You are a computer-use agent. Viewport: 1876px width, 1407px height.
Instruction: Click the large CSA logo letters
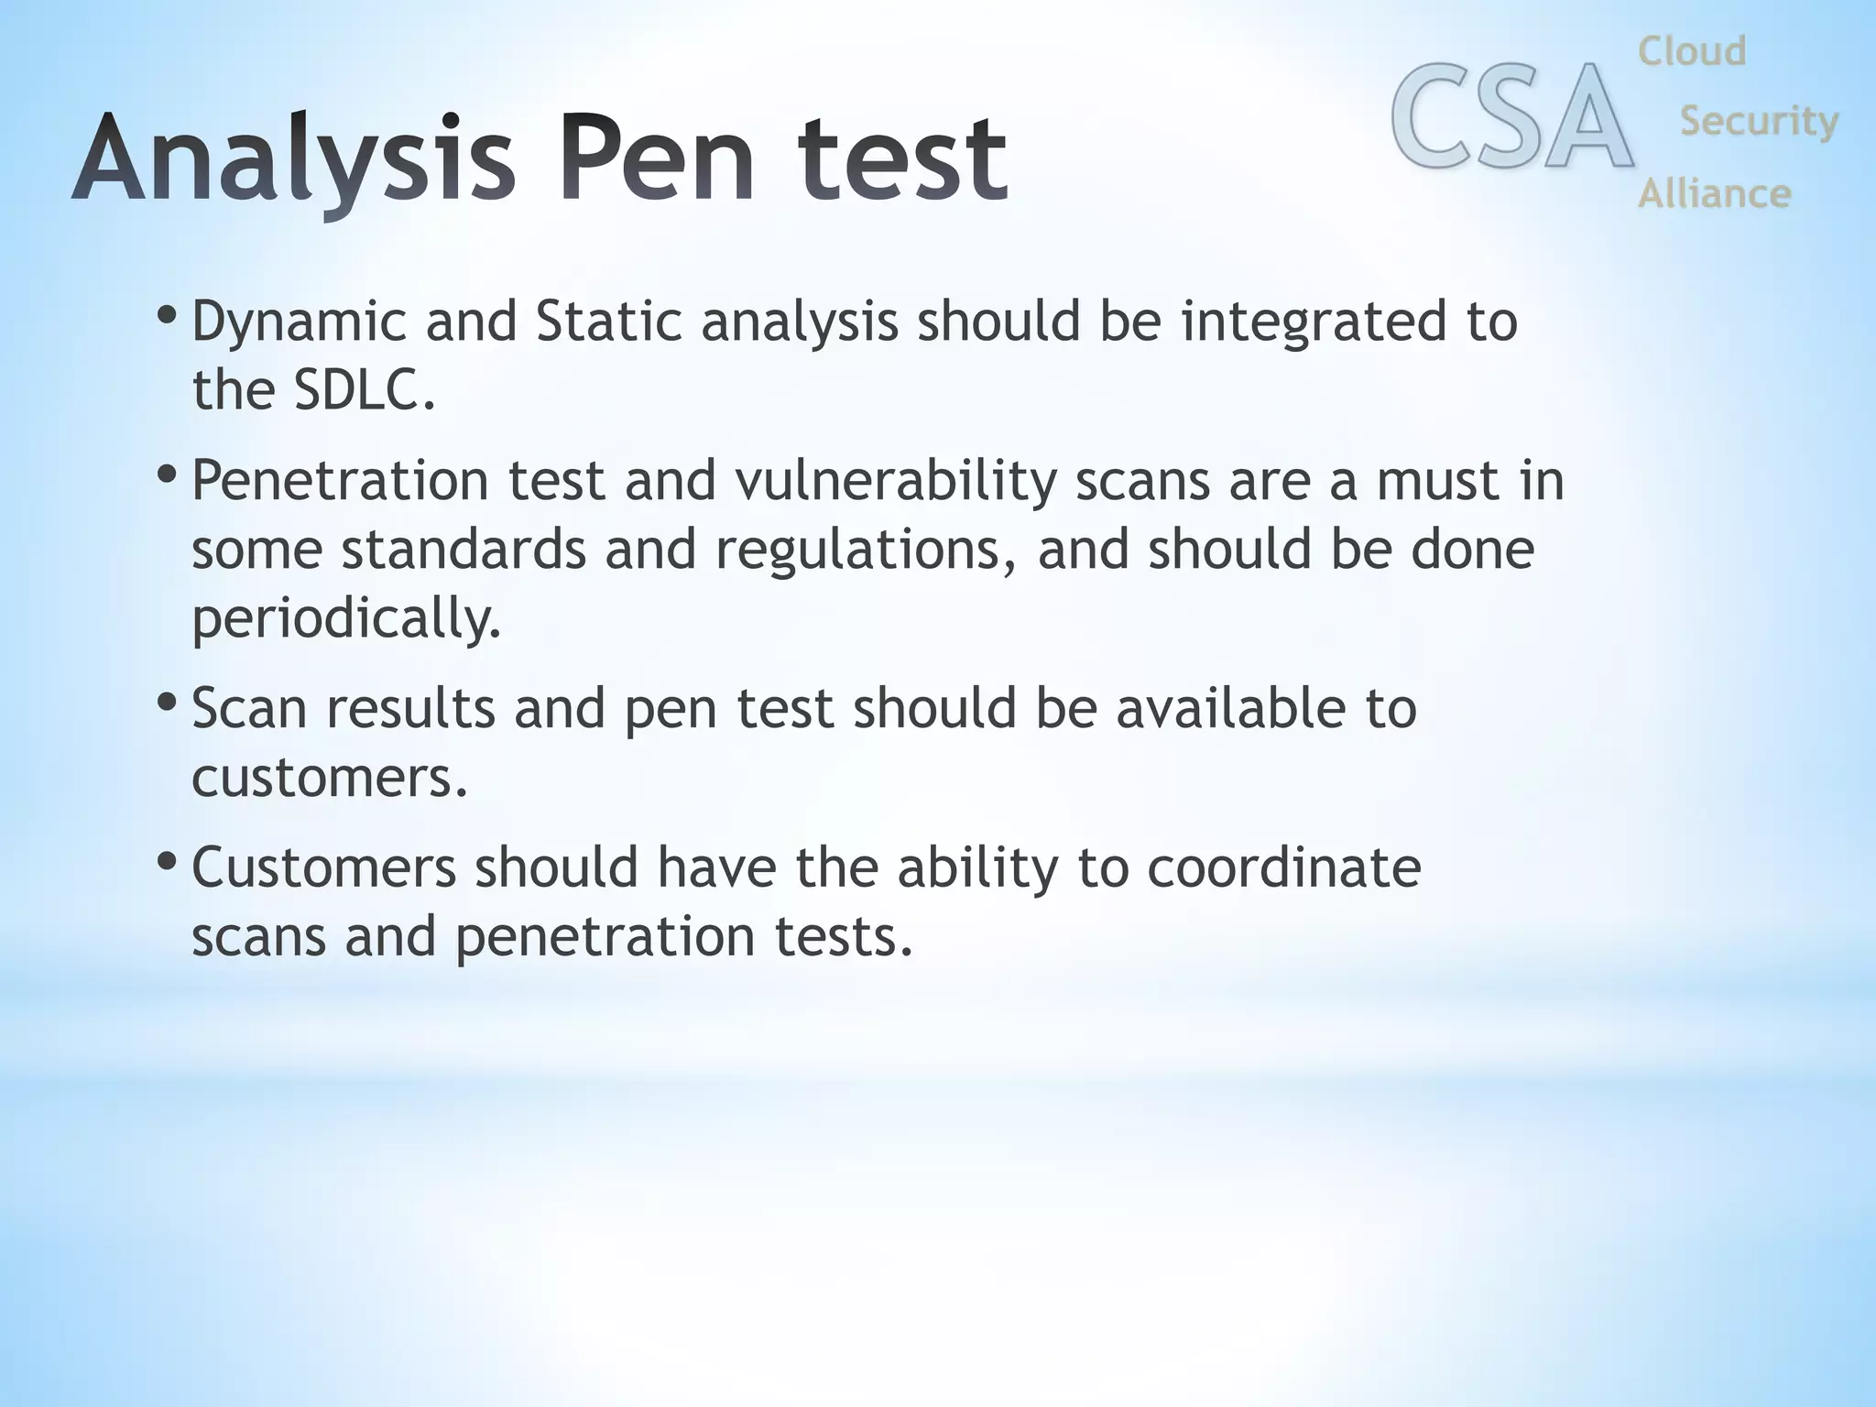1511,117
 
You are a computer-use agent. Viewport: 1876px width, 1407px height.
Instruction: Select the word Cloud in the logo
1692,51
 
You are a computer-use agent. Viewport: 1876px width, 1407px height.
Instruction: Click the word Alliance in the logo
1714,193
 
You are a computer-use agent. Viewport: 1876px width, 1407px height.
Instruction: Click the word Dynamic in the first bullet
299,322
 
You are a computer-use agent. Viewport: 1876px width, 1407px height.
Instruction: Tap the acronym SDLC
364,390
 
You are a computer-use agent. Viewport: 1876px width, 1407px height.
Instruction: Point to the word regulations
866,551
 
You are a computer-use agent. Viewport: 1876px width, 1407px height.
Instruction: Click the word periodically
346,619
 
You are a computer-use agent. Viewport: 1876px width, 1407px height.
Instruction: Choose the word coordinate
1283,867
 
